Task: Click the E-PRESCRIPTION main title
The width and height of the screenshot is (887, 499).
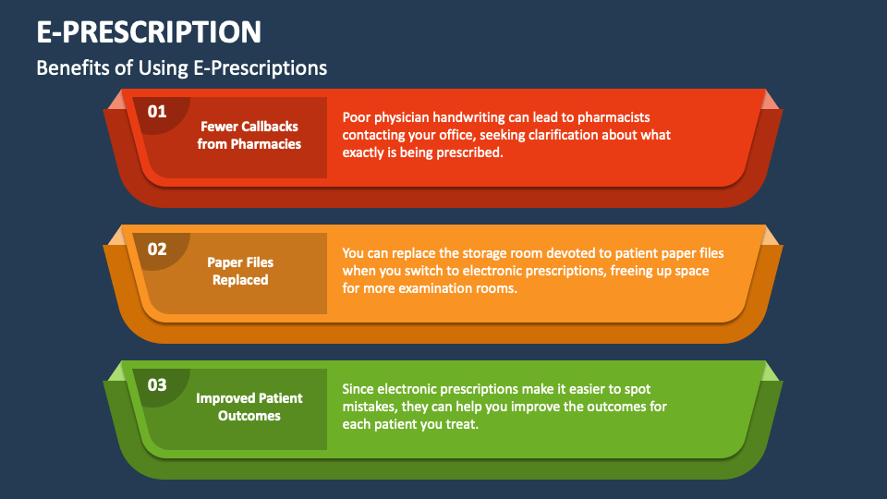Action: point(149,32)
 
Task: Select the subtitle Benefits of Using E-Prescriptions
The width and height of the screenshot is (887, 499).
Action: point(182,68)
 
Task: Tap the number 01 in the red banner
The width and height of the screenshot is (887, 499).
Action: point(157,112)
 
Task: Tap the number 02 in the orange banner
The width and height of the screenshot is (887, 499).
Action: point(157,249)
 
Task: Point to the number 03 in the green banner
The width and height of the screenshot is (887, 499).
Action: point(157,384)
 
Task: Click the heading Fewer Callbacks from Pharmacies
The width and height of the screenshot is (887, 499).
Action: point(249,135)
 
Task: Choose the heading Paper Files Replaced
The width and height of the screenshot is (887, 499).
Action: point(240,271)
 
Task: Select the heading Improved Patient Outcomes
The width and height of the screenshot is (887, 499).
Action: point(249,407)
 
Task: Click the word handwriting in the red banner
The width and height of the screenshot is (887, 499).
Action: point(464,117)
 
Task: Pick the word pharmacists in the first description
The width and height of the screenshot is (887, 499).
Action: point(616,117)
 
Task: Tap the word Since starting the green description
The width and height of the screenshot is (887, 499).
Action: point(358,389)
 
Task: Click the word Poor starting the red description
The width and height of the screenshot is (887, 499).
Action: point(358,117)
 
